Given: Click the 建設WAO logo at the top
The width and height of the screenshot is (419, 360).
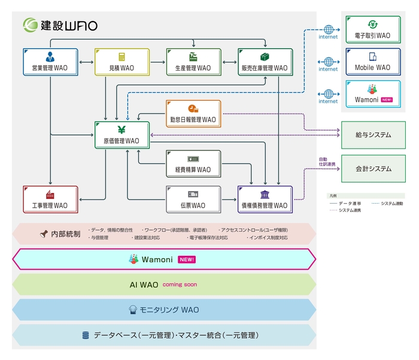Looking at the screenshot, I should [x=60, y=25].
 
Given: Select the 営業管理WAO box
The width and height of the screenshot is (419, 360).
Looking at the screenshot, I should [x=50, y=62].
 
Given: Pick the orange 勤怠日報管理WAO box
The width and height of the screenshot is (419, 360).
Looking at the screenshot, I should [x=193, y=114].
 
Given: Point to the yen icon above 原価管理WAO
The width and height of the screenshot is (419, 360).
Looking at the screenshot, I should [x=122, y=129].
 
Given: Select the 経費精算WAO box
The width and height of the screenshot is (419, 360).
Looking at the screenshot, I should [x=193, y=164].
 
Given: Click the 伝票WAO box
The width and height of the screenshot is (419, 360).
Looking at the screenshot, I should [x=193, y=199].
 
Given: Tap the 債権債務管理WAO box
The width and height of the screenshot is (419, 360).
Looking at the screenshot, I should [x=265, y=199].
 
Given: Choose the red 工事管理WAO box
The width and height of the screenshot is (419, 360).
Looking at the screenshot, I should [x=50, y=199].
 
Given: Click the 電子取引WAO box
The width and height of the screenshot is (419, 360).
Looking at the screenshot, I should [x=372, y=29].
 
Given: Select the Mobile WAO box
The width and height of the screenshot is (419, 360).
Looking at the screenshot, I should [x=372, y=62].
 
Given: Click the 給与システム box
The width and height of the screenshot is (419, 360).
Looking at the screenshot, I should [x=372, y=135].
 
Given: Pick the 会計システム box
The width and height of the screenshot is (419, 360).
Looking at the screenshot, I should [x=372, y=168].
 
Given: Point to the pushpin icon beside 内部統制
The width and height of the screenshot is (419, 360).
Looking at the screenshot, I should [x=44, y=234].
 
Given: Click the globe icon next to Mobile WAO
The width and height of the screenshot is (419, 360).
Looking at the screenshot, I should [x=328, y=61].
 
